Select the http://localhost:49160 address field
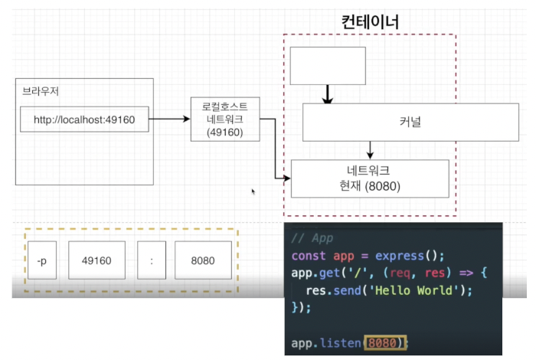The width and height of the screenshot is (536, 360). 84,119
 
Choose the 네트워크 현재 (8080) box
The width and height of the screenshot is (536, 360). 369,178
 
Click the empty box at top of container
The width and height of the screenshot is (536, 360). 327,66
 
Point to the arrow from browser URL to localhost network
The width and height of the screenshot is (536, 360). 169,119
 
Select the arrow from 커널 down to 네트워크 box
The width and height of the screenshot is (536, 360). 370,150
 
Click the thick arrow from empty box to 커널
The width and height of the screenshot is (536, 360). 328,94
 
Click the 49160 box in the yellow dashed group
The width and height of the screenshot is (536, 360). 96,260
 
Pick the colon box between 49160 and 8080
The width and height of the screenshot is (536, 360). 152,260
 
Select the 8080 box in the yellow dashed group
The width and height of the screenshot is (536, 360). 201,260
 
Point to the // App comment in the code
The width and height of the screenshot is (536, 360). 312,238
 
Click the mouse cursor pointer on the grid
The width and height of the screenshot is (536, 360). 253,191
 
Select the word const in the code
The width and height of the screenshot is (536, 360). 309,256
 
